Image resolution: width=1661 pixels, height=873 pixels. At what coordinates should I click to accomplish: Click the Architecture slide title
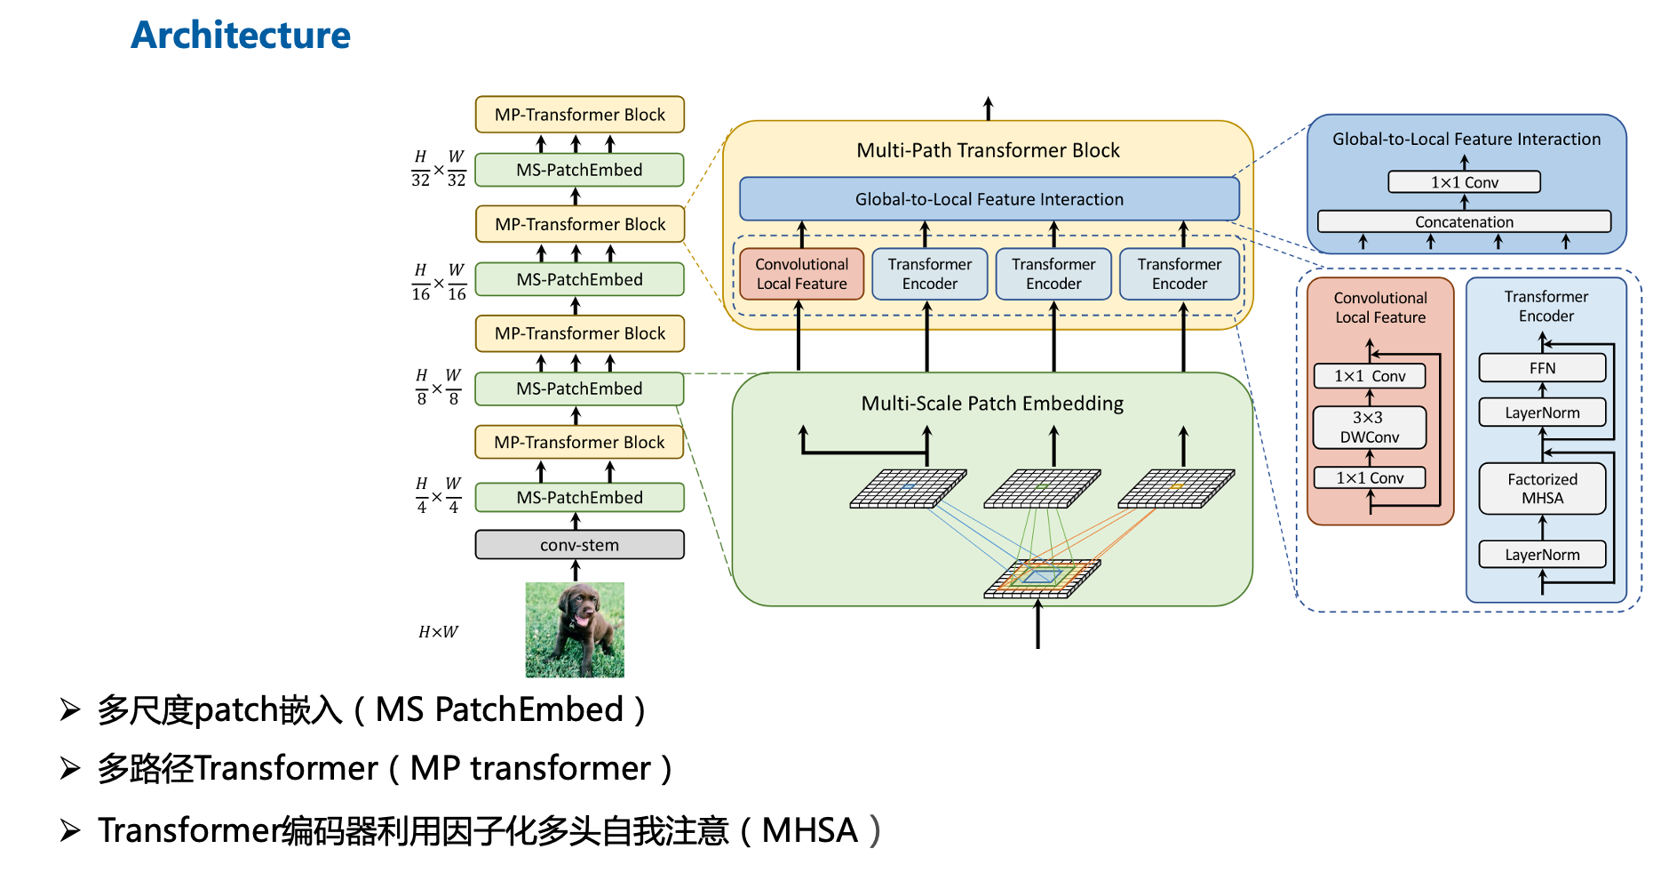point(241,36)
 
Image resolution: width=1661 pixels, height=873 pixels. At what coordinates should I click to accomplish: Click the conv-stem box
point(579,545)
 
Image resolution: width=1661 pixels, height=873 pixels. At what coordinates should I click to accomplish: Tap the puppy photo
point(575,629)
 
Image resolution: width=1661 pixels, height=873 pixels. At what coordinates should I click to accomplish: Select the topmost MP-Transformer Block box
point(579,115)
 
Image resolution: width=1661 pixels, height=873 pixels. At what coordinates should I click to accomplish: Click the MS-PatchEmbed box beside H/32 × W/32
point(579,170)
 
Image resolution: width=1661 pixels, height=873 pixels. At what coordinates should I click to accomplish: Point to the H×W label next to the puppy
point(438,632)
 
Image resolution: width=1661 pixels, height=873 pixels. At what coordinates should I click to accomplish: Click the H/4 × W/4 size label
point(438,496)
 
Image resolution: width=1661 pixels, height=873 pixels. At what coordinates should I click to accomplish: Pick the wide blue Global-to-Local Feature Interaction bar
point(989,199)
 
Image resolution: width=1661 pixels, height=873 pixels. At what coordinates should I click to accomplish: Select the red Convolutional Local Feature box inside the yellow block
point(801,274)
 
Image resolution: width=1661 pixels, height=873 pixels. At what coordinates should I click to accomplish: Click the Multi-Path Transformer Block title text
point(988,150)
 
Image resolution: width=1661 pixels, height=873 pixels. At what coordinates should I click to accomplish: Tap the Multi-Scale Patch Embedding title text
point(992,404)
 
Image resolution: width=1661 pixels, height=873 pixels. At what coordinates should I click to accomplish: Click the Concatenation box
point(1464,221)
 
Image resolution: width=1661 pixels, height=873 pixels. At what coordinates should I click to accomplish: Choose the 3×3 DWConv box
point(1369,428)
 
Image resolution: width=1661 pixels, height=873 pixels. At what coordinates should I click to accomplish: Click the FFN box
point(1542,368)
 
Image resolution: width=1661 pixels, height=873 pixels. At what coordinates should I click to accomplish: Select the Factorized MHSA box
point(1542,489)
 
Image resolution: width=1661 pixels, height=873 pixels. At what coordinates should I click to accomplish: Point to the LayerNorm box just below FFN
point(1542,412)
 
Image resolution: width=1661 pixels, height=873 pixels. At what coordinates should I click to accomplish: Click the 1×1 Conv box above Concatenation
point(1464,182)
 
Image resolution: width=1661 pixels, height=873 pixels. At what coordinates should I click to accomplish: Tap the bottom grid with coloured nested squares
point(1042,578)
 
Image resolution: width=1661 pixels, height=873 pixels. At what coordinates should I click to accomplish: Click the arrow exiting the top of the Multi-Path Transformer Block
point(988,108)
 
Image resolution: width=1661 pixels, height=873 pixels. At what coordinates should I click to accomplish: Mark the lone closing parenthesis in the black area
point(875,830)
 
